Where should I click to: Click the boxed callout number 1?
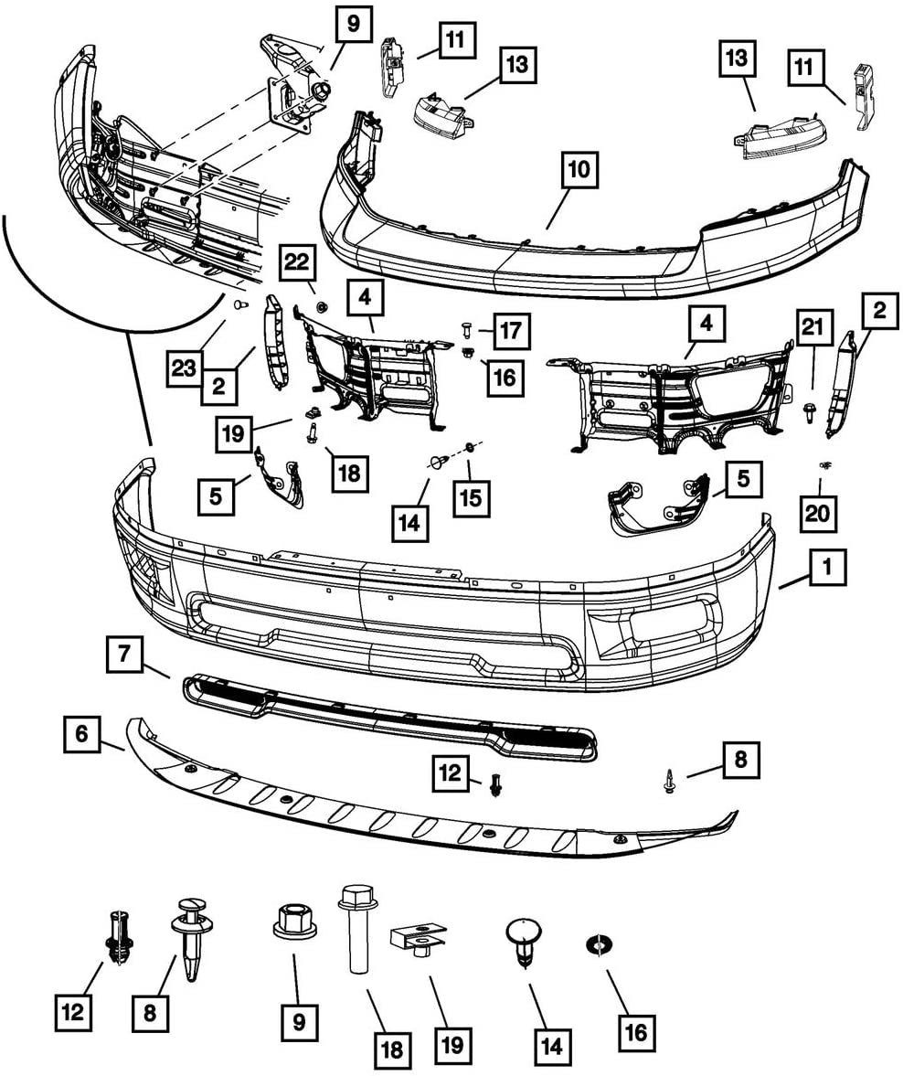[x=827, y=568]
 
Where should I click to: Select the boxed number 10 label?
[x=579, y=169]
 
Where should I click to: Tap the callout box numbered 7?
[x=124, y=654]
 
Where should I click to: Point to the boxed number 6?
[x=82, y=734]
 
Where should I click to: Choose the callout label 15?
[x=472, y=497]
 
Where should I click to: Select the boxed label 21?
[x=813, y=327]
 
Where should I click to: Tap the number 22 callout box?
[x=298, y=262]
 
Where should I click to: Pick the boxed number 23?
[x=184, y=368]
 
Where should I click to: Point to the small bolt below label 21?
[x=810, y=414]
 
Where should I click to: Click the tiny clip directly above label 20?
[x=825, y=466]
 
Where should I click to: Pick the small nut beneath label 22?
[x=321, y=304]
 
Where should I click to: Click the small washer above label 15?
[x=470, y=448]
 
